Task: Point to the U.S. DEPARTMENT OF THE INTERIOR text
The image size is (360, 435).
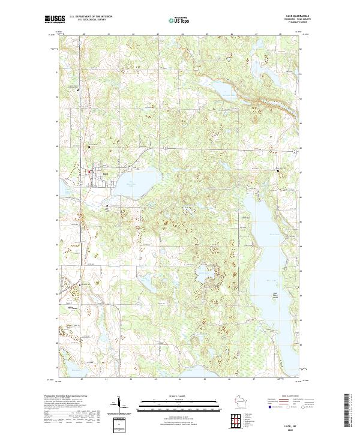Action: [x=93, y=17]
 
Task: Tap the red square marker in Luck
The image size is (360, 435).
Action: [x=90, y=173]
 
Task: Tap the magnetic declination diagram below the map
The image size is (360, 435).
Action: [x=117, y=406]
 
